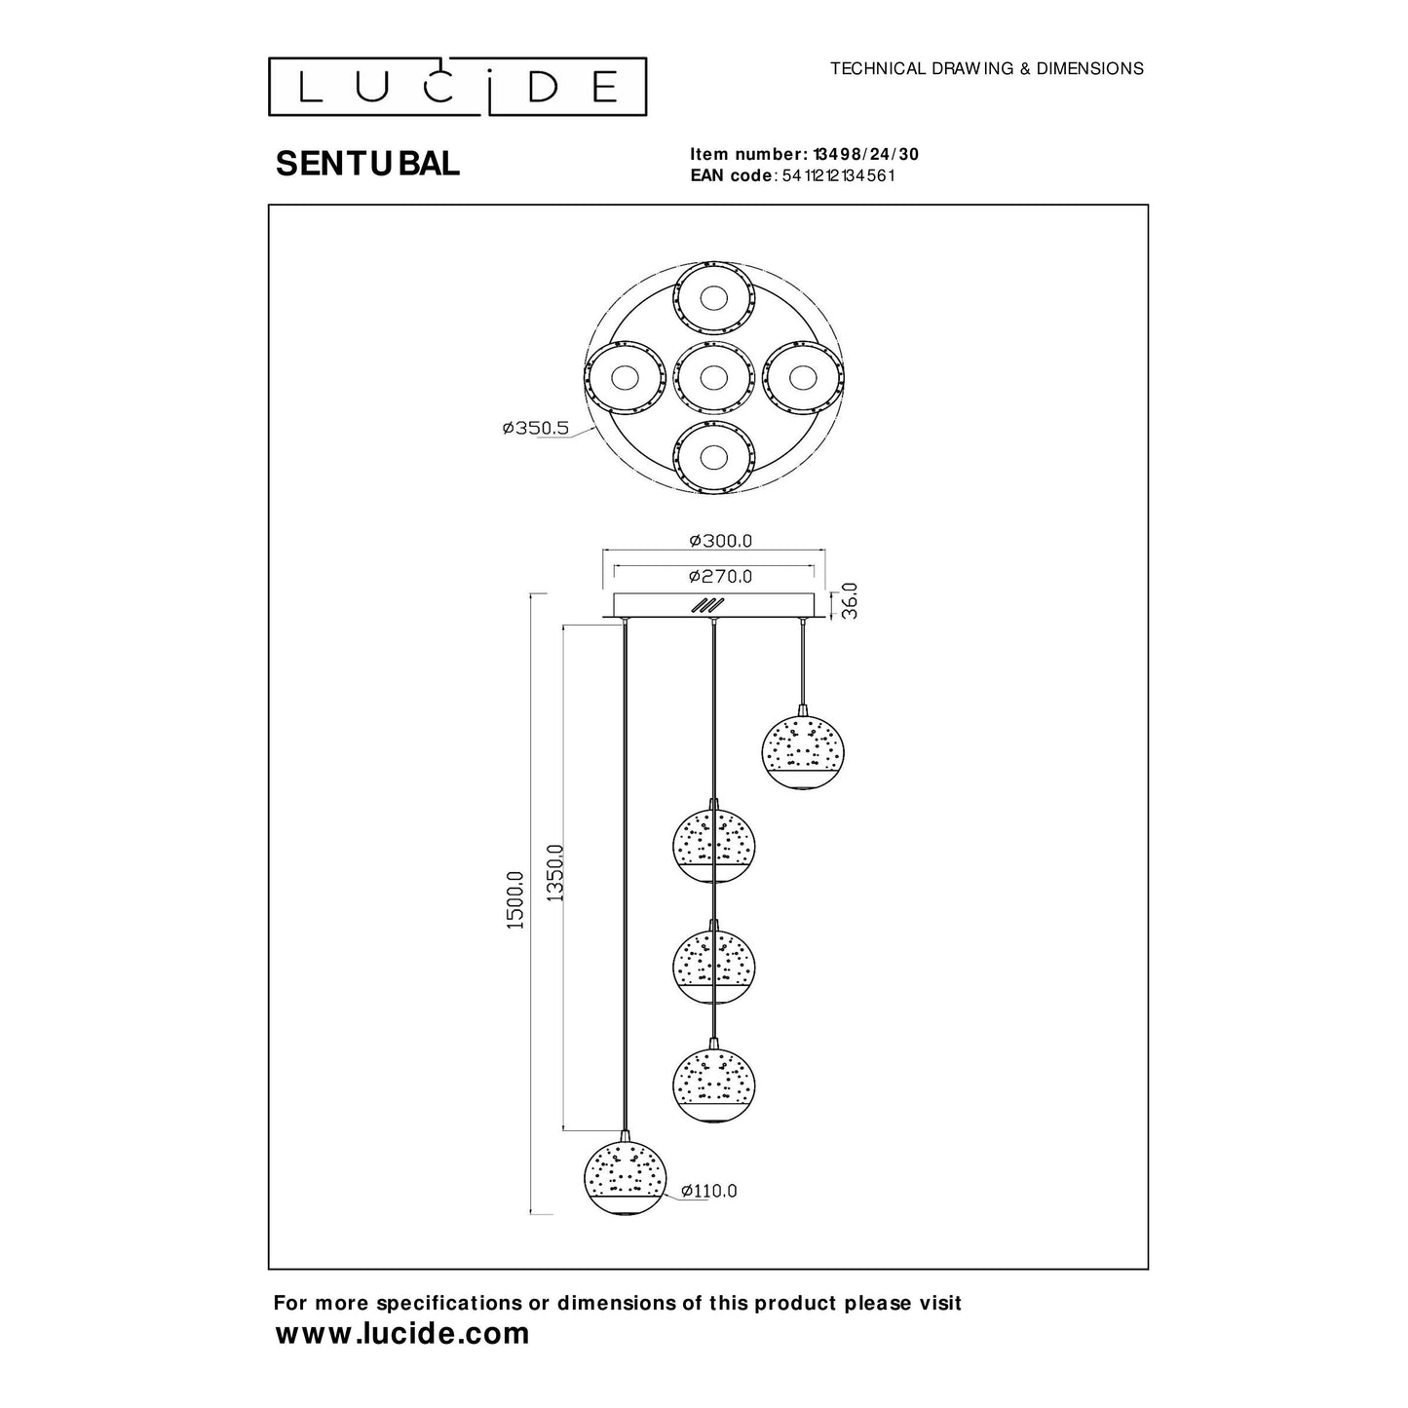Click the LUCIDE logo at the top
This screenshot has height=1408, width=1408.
pos(458,87)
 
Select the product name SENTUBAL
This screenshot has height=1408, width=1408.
pos(367,165)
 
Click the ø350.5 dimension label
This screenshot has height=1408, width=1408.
pos(535,428)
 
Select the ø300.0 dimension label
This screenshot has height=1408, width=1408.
pos(720,541)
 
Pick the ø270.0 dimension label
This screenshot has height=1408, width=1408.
pos(720,576)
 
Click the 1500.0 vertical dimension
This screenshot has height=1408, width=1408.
pos(515,899)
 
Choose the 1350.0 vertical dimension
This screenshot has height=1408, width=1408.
pos(554,874)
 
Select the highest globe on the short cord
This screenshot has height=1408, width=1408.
pos(803,752)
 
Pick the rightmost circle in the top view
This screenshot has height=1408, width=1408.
pos(803,377)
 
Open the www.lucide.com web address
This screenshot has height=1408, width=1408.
pos(402,1334)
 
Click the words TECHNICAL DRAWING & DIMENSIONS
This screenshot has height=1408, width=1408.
pos(986,69)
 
